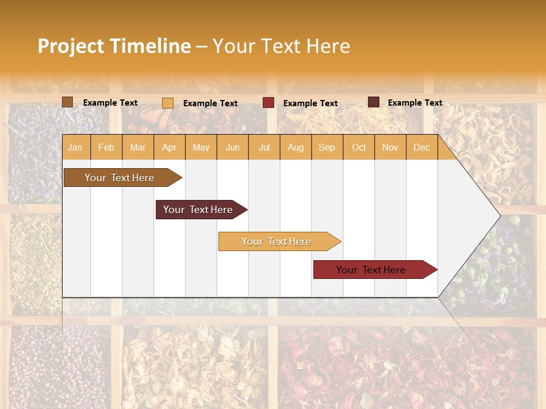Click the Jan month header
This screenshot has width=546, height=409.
[x=75, y=147]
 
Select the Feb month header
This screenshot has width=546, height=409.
[x=106, y=147]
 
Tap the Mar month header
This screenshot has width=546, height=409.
[x=138, y=147]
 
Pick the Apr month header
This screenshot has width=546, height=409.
[x=169, y=147]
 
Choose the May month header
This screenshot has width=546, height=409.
[x=201, y=147]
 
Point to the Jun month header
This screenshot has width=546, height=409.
[x=233, y=147]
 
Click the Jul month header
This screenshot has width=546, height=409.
[x=264, y=147]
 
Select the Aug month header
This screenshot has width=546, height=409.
[x=296, y=147]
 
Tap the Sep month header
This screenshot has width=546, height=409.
[x=327, y=147]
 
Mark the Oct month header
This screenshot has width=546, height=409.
[x=359, y=147]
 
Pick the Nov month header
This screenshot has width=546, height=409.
[x=390, y=147]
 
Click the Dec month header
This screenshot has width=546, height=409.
[x=422, y=147]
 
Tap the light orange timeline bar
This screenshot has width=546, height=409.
[x=277, y=241]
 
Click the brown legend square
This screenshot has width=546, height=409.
[x=67, y=102]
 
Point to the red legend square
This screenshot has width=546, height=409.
[x=268, y=103]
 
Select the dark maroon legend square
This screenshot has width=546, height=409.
[x=373, y=102]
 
